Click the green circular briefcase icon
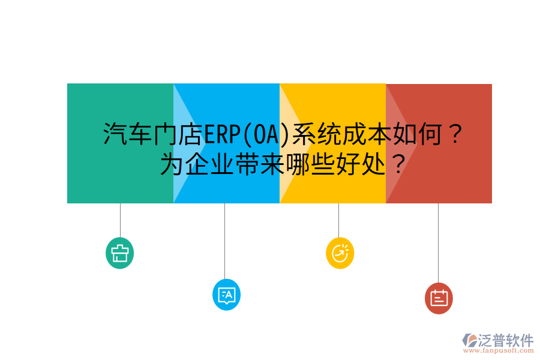119,253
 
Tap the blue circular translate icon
226,295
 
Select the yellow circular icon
340,253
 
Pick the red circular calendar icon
439,298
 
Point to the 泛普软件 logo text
506,340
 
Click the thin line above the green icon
120,220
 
